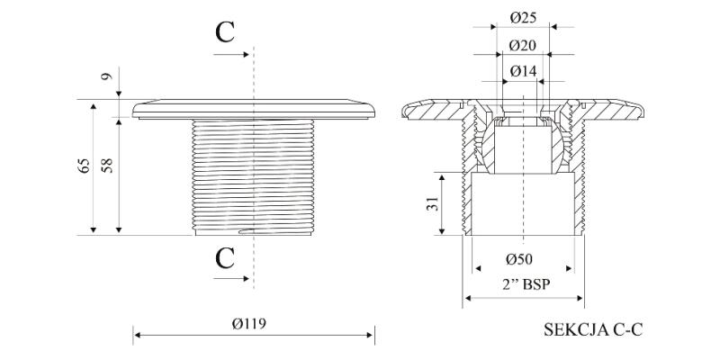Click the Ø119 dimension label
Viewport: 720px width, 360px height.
point(249,324)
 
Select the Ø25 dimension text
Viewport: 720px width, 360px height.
point(523,18)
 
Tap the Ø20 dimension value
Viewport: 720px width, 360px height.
point(523,45)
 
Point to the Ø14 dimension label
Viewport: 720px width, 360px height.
point(523,71)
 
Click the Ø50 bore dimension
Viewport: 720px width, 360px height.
point(519,259)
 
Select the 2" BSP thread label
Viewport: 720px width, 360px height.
point(523,285)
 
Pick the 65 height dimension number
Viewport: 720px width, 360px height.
point(83,166)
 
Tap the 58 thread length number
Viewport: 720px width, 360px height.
point(108,166)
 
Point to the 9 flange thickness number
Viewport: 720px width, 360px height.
point(106,76)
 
